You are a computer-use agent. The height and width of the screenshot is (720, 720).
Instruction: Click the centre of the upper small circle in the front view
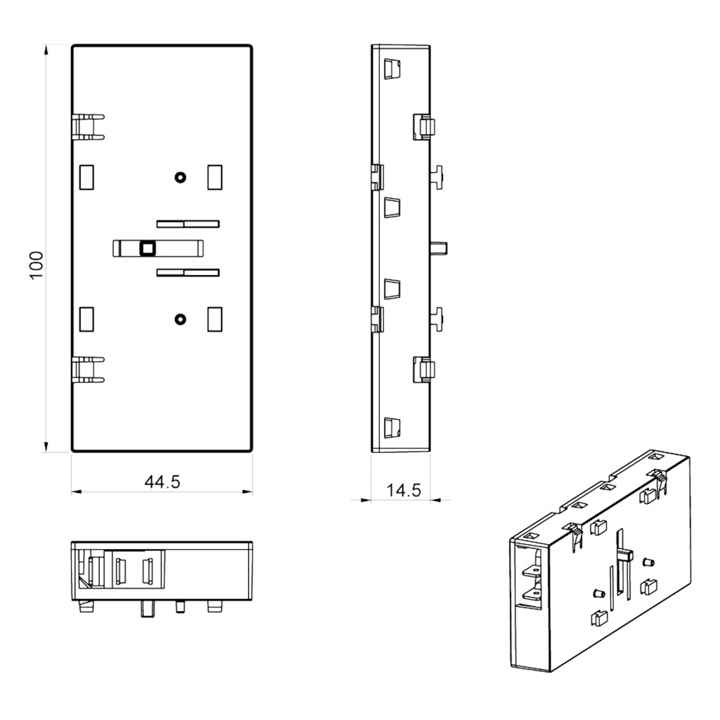point(181,177)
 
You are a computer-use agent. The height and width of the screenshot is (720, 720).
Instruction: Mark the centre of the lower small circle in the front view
point(181,319)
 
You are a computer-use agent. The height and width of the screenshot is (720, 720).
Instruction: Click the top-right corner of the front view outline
point(252,45)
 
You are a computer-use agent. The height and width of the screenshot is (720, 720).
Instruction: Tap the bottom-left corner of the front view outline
point(72,451)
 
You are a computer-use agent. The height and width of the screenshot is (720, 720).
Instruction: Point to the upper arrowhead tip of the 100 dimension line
point(46,45)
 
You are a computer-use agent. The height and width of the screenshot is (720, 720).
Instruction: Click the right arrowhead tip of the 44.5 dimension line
point(252,491)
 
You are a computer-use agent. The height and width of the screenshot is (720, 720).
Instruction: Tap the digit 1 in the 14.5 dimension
point(390,490)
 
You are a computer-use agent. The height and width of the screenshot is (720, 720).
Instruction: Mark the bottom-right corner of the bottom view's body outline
point(252,600)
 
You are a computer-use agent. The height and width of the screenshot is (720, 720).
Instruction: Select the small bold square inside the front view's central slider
point(148,248)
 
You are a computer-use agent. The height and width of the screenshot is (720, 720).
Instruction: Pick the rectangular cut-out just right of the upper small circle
point(215,177)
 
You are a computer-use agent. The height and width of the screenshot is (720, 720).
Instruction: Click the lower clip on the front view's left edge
point(88,370)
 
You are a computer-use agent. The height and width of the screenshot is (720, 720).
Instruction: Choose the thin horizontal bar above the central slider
point(188,224)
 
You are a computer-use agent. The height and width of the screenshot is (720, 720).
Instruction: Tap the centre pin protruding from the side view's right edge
point(439,248)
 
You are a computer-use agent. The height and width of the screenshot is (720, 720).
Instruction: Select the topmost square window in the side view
point(392,69)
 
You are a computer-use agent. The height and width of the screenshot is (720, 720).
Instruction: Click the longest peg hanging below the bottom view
point(148,609)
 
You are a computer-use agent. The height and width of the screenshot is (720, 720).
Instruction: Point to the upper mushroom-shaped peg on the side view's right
point(437,177)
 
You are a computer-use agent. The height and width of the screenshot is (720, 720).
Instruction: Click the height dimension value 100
point(36,265)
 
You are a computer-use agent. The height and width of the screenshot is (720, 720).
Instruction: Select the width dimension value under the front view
point(162,482)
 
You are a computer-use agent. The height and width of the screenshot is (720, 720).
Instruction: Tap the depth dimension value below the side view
point(404,490)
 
